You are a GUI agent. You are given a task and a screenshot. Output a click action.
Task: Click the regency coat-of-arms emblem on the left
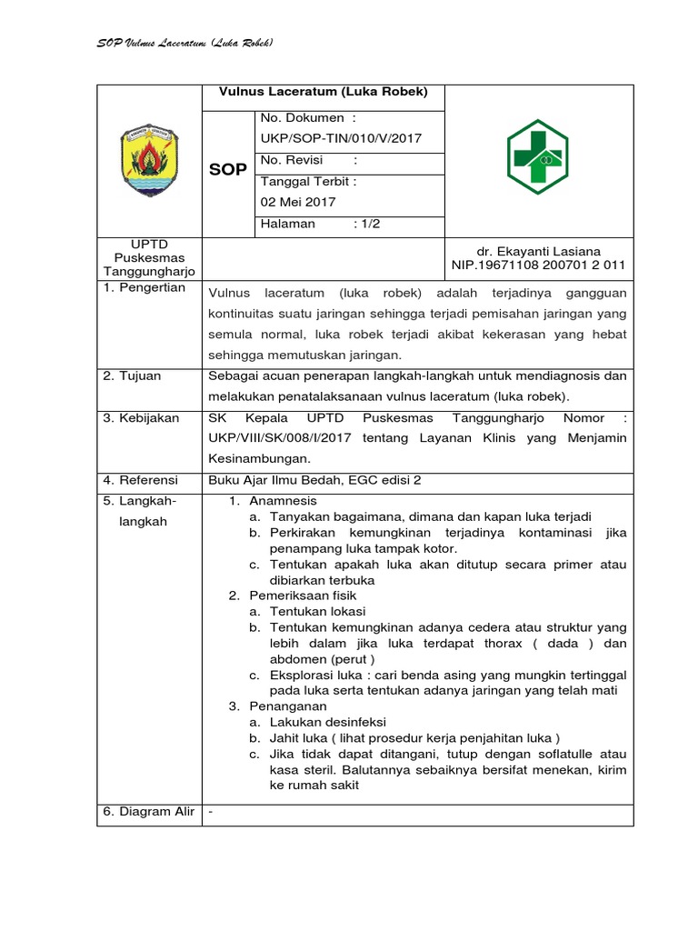click(150, 160)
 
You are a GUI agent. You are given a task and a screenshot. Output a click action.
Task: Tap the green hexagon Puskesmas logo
click(539, 157)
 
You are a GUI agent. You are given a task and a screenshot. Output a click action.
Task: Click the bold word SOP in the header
click(228, 170)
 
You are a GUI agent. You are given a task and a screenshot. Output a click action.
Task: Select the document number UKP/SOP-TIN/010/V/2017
click(341, 138)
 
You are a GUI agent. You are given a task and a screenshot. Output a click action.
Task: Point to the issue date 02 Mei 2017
click(298, 202)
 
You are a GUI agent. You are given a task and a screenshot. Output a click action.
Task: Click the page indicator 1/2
click(366, 224)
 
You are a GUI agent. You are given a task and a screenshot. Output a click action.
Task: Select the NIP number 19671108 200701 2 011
click(538, 265)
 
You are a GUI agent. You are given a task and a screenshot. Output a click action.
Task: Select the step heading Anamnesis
click(283, 501)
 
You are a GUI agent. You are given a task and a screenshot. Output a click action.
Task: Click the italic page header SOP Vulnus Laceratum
click(185, 44)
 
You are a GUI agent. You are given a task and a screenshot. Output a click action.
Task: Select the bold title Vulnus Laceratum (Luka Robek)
click(323, 93)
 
